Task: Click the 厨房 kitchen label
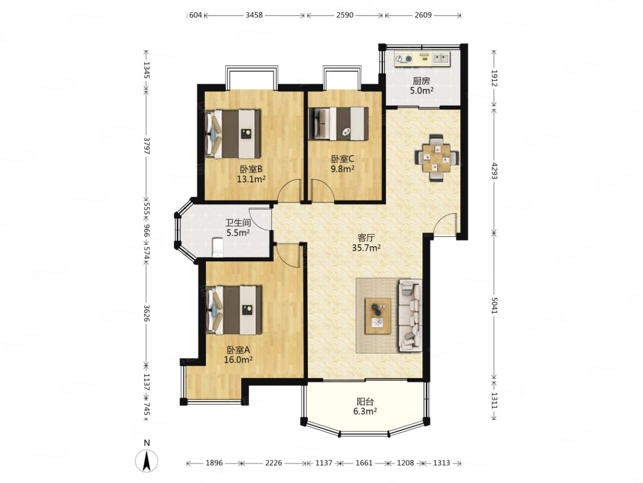pyautogui.click(x=421, y=81)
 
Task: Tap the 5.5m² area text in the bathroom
pyautogui.click(x=238, y=233)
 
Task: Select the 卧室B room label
pyautogui.click(x=251, y=169)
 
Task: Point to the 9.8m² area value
pyautogui.click(x=343, y=169)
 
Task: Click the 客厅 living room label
pyautogui.click(x=366, y=237)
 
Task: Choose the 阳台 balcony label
pyautogui.click(x=365, y=401)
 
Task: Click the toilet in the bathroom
pyautogui.click(x=218, y=248)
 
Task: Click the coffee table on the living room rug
pyautogui.click(x=377, y=316)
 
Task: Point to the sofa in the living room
pyautogui.click(x=410, y=315)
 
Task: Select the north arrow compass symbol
pyautogui.click(x=147, y=461)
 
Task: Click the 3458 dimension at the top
pyautogui.click(x=254, y=15)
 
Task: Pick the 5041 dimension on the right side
pyautogui.click(x=494, y=305)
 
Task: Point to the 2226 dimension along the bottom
pyautogui.click(x=273, y=463)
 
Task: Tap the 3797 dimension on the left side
pyautogui.click(x=147, y=146)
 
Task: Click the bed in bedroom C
pyautogui.click(x=338, y=123)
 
